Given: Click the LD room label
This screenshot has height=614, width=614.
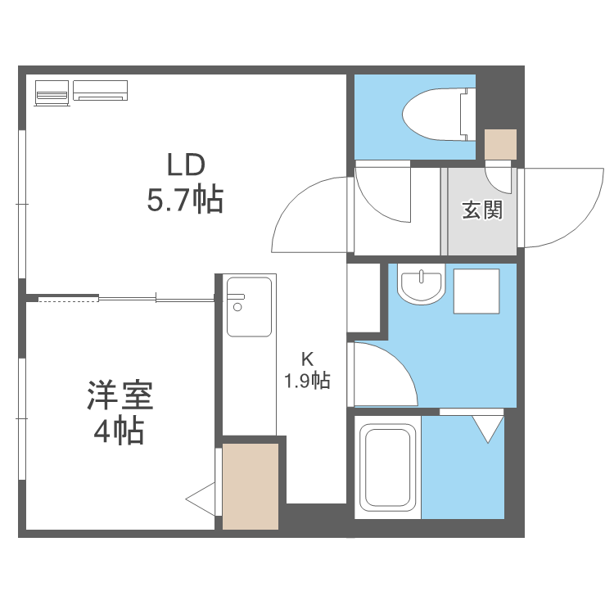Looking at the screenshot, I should (x=185, y=166).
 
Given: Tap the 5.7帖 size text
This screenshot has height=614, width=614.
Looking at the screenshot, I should (x=185, y=200).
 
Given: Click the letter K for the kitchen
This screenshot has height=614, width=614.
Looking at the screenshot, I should (x=307, y=359).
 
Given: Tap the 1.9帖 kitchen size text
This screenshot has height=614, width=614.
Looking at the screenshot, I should (x=307, y=381).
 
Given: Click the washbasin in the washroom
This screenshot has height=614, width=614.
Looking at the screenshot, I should (x=420, y=284).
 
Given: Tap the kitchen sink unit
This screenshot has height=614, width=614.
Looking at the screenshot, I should (x=249, y=306).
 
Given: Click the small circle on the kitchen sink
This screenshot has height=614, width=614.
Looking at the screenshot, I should (x=237, y=308).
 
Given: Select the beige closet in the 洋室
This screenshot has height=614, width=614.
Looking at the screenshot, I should (x=251, y=486).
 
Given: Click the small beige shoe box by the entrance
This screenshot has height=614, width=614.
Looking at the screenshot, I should (x=499, y=145).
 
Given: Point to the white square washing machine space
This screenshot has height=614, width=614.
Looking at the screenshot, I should (x=476, y=290).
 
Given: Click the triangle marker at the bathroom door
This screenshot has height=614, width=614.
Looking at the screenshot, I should (x=488, y=428).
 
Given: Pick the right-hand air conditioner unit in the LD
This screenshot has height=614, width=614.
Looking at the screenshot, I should (x=101, y=90).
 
